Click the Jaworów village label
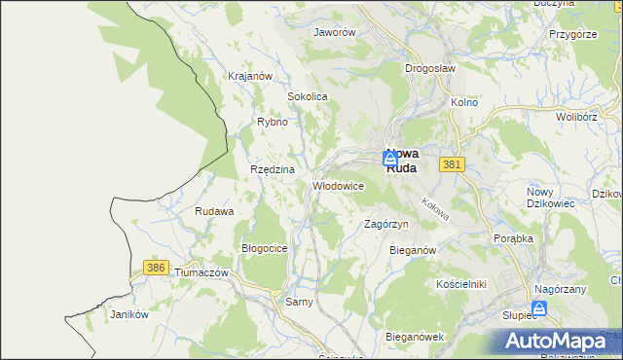pos(335,32)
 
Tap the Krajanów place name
pos(248,76)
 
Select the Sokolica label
pos(307,97)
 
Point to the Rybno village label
pos(272,123)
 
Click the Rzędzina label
pos(272,169)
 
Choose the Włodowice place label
pos(338,185)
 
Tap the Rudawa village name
pos(214,211)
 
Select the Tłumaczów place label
pos(201,273)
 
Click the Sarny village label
pos(299,303)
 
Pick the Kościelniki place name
pos(461,283)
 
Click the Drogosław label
pos(430,69)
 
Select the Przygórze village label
pos(572,33)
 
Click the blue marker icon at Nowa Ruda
pos(390,158)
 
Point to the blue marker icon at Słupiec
pos(541,306)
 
